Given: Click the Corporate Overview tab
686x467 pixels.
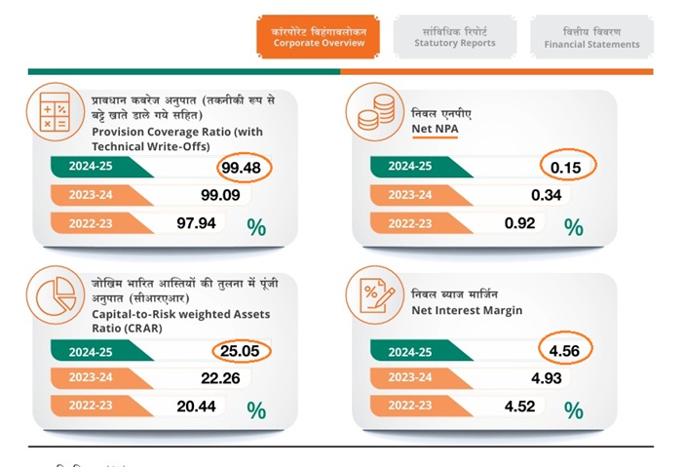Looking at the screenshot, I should coord(319,37).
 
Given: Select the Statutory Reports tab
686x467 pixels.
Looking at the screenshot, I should coord(454,37).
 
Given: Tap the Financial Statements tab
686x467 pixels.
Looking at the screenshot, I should coord(591,37).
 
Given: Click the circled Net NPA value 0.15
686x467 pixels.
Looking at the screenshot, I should coord(565,167).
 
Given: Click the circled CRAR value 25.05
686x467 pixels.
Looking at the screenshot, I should coord(242,350).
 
